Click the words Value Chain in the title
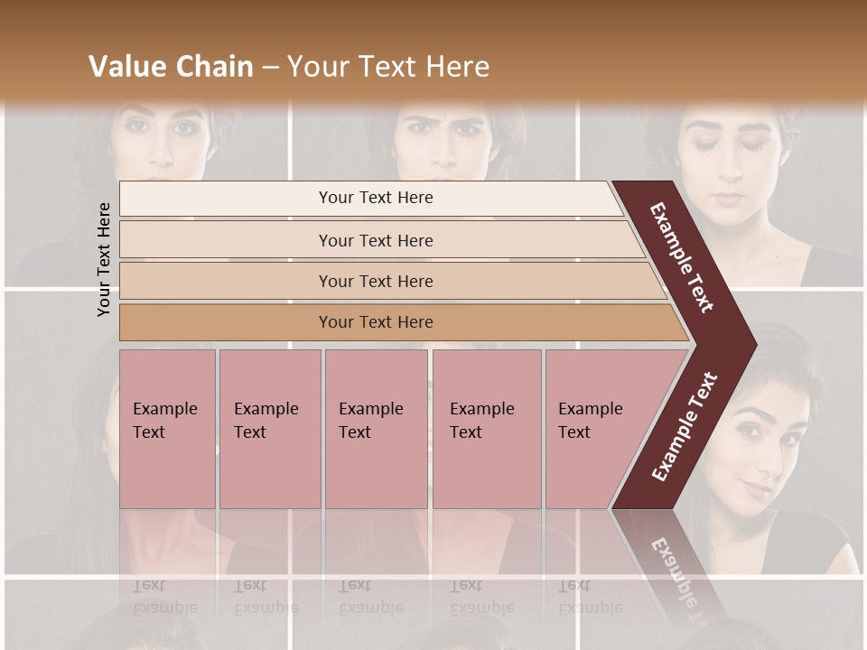point(171,67)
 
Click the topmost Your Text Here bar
point(375,198)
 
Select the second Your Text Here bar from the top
point(375,240)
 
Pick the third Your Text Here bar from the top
point(375,281)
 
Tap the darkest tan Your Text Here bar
point(375,322)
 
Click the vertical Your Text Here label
point(104,259)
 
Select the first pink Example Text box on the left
point(167,428)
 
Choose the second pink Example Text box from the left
point(269,428)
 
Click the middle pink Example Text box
point(376,428)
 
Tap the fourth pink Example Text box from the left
point(486,428)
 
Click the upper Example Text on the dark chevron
point(682,257)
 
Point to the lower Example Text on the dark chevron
point(685,427)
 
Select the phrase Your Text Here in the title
point(388,67)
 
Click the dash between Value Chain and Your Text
point(270,68)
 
